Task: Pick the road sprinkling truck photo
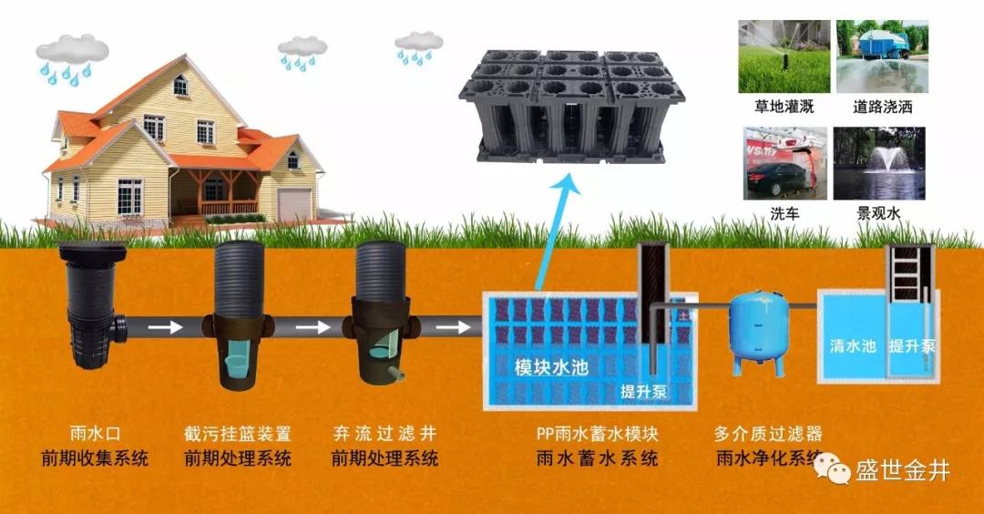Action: coord(881,57)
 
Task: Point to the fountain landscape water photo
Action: coord(880,164)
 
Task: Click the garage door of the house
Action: coord(293,205)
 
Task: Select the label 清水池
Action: coord(853,346)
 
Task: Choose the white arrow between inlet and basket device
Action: coord(167,326)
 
